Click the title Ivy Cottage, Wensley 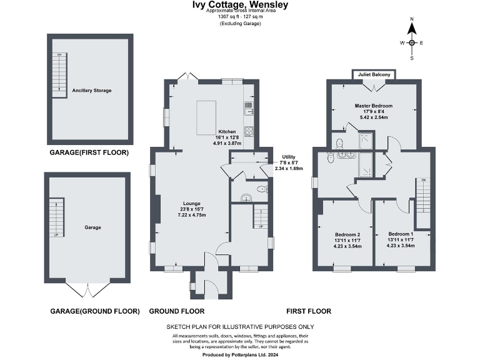pos(240,5)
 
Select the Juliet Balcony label pos(374,75)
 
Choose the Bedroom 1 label pos(401,234)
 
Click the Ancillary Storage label pos(91,91)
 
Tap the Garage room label pos(92,227)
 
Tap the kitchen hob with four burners pos(248,131)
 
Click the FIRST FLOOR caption pos(308,311)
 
